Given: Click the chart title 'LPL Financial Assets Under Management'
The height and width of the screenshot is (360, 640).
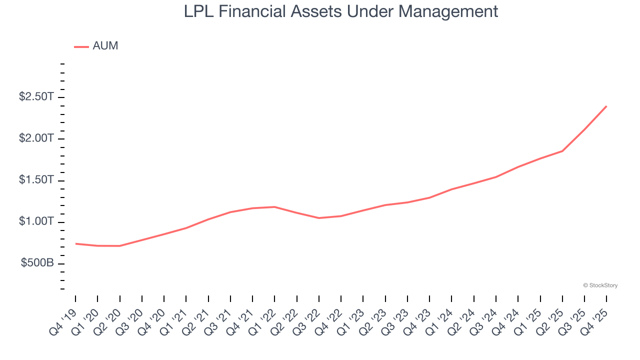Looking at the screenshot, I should [341, 11].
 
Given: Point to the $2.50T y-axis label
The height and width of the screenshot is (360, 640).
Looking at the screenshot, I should [36, 97].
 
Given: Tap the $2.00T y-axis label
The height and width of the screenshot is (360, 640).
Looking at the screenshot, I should [36, 138].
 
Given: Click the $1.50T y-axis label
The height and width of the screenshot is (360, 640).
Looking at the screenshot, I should [36, 180].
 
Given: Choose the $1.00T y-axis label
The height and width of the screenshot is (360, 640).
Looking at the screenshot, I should [36, 221].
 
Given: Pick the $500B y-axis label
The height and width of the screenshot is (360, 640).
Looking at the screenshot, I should [37, 263].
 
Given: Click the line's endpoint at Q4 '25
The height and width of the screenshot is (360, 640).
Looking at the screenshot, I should [606, 106].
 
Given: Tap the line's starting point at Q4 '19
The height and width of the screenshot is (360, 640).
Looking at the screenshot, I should [75, 243].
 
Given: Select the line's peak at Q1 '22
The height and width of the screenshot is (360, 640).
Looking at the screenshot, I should [274, 206].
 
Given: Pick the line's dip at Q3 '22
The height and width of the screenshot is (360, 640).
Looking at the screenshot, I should [319, 218].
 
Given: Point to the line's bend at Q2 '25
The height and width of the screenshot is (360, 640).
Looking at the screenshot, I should [562, 151].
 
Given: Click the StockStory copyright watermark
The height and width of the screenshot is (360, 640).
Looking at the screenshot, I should [600, 285].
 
